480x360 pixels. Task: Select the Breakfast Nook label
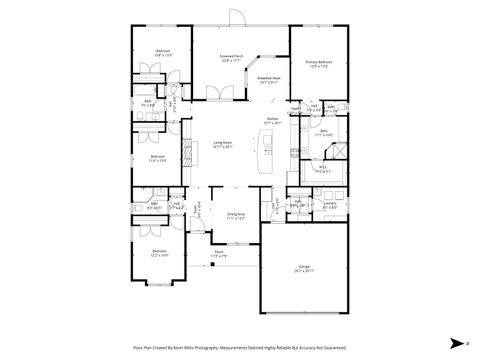click(x=268, y=79)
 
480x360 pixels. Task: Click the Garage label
click(x=302, y=267)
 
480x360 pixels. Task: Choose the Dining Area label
click(x=236, y=215)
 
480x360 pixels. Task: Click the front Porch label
click(x=219, y=255)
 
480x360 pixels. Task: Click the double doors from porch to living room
click(x=218, y=94)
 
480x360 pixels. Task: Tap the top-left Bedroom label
click(x=162, y=54)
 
